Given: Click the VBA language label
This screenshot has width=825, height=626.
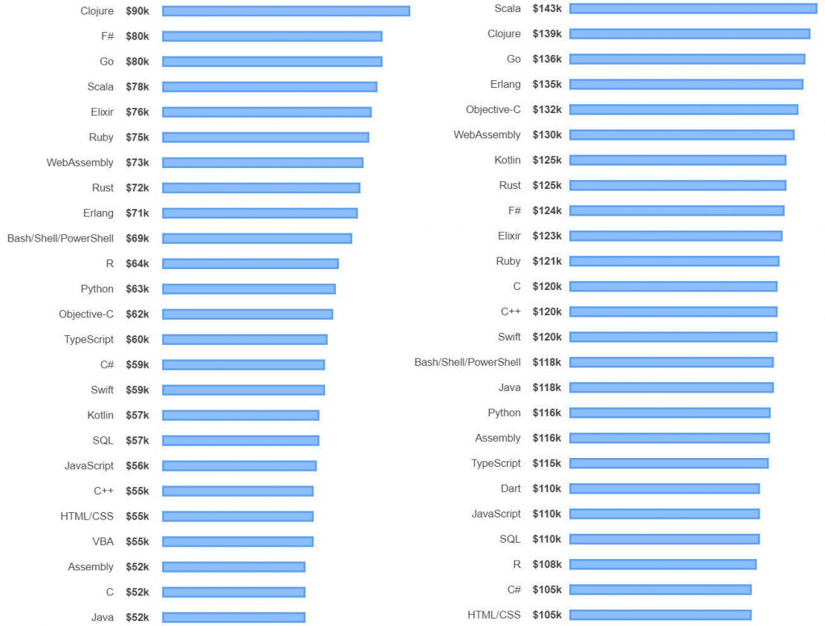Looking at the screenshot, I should click(x=103, y=541).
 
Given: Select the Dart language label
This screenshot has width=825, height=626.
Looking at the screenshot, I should click(x=510, y=488).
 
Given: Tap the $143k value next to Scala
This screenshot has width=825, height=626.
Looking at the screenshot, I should click(x=547, y=8).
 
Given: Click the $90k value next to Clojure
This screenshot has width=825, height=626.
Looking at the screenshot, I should click(x=137, y=11).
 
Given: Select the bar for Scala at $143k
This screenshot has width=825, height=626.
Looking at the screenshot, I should click(x=693, y=8).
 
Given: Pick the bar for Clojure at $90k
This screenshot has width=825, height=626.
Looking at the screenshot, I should click(x=286, y=11).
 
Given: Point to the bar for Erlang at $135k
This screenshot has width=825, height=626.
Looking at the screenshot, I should click(x=686, y=84).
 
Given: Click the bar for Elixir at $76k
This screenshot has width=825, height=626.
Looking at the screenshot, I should click(x=267, y=112).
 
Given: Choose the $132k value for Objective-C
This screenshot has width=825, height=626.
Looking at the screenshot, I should click(x=547, y=109).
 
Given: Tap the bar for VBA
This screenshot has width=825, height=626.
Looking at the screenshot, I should click(x=238, y=541).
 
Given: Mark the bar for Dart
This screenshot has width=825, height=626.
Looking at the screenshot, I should click(x=664, y=488).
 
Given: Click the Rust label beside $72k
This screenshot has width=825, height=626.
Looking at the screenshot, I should click(x=103, y=187).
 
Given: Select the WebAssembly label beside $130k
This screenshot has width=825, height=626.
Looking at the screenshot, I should click(x=487, y=135).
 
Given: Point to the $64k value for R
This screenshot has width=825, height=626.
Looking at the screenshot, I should click(x=137, y=263).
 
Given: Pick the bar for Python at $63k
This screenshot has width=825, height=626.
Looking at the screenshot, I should click(x=249, y=288).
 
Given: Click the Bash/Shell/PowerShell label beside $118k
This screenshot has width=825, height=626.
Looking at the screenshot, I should click(x=467, y=362).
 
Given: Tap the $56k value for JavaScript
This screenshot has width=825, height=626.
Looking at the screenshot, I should click(x=137, y=465).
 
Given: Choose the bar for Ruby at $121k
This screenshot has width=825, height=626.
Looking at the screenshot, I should click(x=674, y=261).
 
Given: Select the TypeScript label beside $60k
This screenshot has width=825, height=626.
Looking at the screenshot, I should click(x=88, y=339).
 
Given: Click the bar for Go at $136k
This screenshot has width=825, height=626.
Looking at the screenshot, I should click(x=687, y=59).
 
